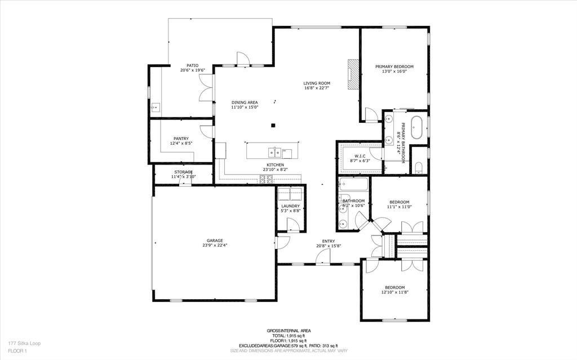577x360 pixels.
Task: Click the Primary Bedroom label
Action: [x=394, y=66]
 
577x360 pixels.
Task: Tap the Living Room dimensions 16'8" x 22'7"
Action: [x=317, y=88]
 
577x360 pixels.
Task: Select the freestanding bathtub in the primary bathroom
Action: [x=417, y=128]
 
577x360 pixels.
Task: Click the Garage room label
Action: [x=214, y=241]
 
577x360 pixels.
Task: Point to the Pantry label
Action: [x=181, y=139]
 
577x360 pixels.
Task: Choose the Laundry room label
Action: [x=291, y=206]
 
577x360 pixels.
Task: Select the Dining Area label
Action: [x=245, y=103]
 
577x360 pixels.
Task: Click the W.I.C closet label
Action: [x=360, y=156]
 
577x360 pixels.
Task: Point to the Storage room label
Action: [x=183, y=172]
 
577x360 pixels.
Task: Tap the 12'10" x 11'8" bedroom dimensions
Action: [x=394, y=292]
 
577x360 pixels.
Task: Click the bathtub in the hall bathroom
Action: [x=353, y=184]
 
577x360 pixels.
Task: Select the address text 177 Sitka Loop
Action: [x=24, y=343]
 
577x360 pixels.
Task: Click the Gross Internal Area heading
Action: [x=288, y=331]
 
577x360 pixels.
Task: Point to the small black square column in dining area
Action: [x=273, y=125]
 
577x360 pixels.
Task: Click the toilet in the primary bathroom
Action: [x=419, y=167]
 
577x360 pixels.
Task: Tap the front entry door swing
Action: [x=322, y=257]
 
